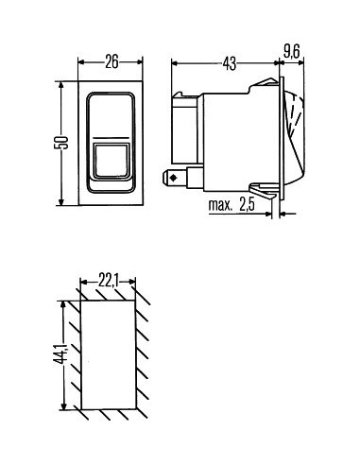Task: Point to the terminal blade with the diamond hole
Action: pos(174,177)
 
